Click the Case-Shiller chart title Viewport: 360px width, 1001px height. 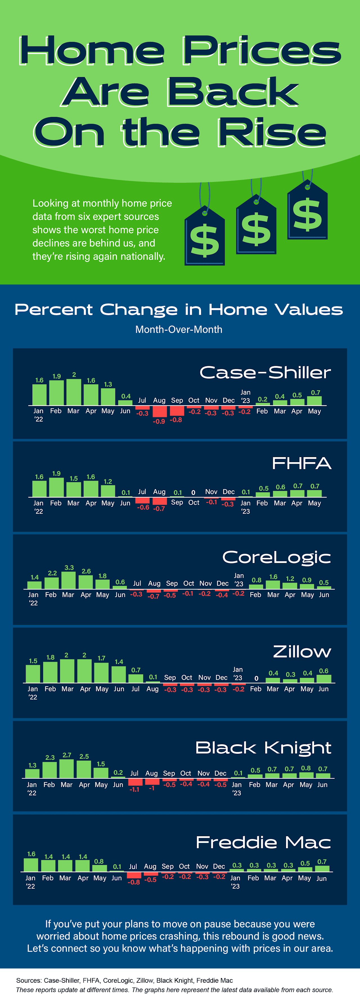tap(265, 372)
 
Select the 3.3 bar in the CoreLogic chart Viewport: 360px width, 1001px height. tap(68, 580)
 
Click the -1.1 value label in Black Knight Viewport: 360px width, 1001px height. tap(134, 789)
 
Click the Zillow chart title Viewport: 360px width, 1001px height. tap(302, 652)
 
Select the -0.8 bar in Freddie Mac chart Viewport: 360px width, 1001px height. tap(134, 875)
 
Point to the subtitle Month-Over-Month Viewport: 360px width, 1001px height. tap(179, 330)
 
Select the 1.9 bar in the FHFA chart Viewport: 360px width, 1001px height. tap(56, 487)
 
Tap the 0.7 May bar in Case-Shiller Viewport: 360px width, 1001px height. tap(314, 401)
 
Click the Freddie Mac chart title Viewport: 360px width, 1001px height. tap(263, 842)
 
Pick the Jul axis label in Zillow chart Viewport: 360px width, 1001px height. tap(135, 689)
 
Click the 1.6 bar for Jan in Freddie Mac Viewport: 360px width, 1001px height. tap(31, 865)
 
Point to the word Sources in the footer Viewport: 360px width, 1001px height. tap(28, 980)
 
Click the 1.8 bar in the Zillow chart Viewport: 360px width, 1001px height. tap(50, 672)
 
